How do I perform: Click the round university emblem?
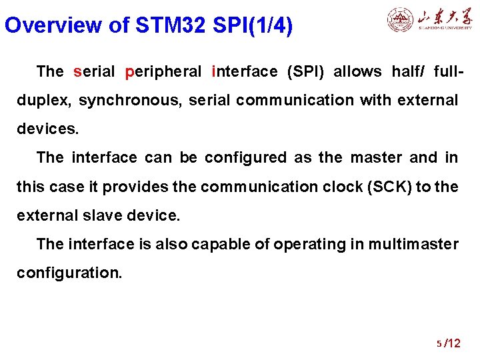click(400, 19)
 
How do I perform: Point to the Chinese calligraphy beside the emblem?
click(445, 19)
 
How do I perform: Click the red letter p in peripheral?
click(129, 72)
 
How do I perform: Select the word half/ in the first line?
click(408, 71)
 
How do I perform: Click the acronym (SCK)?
click(389, 187)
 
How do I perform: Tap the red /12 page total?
click(452, 343)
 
